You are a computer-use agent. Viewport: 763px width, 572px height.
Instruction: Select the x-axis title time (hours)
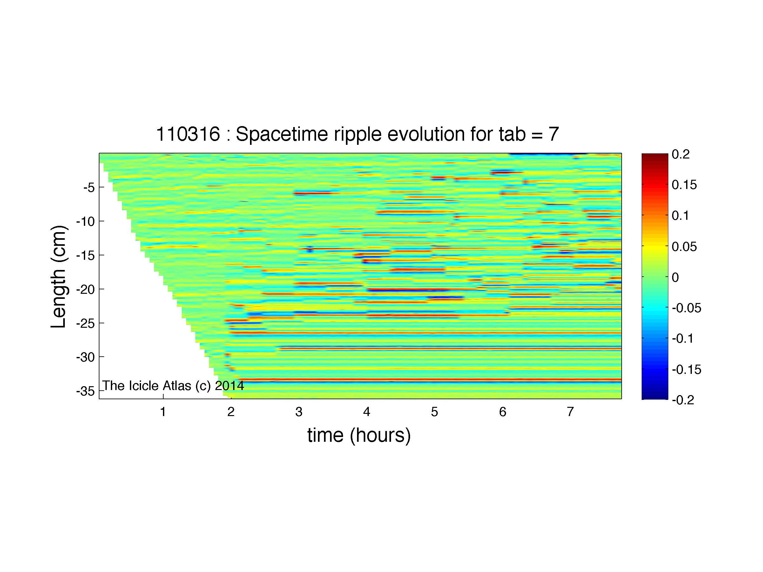coord(359,435)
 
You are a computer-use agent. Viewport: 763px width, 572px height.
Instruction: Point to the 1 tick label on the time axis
coord(163,412)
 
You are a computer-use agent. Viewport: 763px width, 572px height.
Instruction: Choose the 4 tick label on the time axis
coord(367,412)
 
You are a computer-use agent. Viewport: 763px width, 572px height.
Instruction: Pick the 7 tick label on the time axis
coord(570,412)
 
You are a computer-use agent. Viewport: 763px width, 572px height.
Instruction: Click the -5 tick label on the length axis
coord(89,188)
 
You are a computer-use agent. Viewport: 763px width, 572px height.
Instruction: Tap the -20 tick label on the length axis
coord(85,289)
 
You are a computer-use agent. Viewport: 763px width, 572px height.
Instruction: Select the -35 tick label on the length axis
coord(85,391)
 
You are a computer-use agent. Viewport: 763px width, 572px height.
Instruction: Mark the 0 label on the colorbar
coord(675,277)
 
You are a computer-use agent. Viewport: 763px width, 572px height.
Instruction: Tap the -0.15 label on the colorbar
coord(687,370)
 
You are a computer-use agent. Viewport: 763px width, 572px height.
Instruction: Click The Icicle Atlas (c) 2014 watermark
coord(173,386)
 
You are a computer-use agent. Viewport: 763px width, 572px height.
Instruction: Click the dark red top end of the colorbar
coord(655,156)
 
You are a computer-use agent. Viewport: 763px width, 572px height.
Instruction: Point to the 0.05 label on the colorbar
coord(684,246)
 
